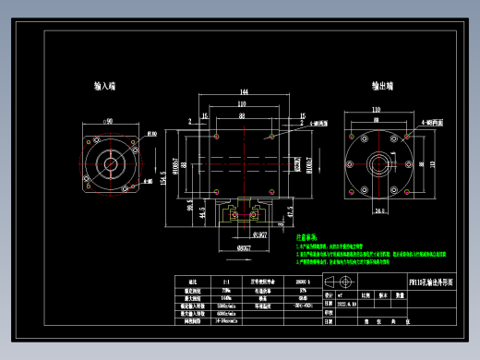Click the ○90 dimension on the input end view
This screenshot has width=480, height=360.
pos(107,120)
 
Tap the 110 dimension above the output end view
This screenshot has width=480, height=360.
pos(376,109)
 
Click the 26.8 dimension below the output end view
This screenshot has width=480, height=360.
pos(378,210)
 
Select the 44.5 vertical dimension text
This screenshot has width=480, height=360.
pos(203,212)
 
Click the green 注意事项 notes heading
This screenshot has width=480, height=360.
pos(307,237)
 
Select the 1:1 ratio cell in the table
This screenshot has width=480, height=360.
pos(226,280)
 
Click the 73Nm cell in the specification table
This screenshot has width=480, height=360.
pos(227,290)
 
